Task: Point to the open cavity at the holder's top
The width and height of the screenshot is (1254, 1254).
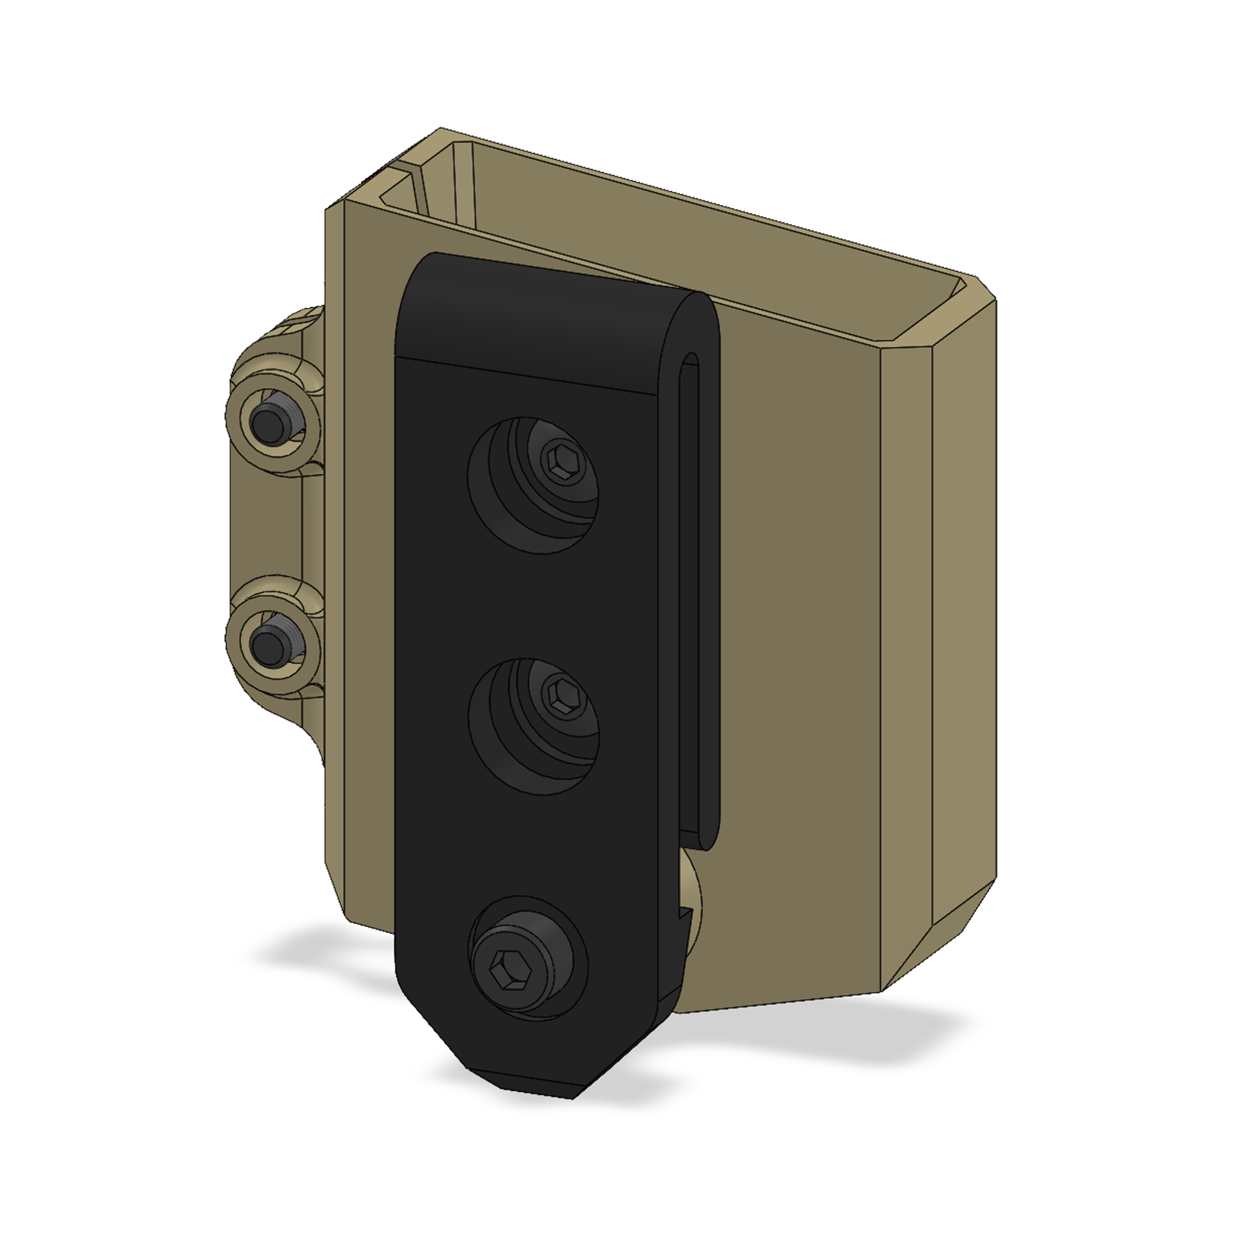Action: pyautogui.click(x=691, y=253)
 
